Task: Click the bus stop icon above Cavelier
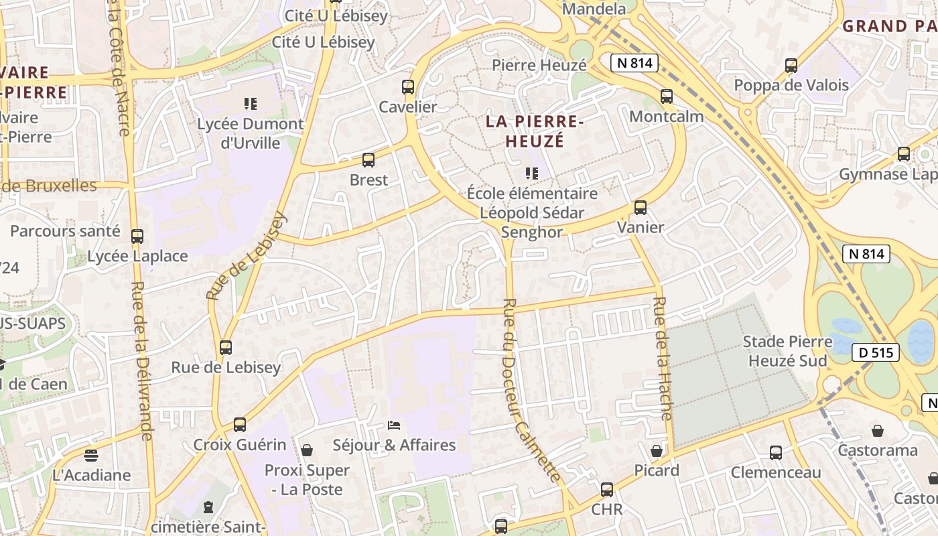407,86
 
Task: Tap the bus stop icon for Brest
368,160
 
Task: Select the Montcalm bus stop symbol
666,96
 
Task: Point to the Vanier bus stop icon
640,207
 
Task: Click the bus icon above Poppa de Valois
791,66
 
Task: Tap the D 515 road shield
876,352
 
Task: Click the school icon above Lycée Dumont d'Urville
251,104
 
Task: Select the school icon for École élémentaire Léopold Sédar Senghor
532,174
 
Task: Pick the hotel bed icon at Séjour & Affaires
395,425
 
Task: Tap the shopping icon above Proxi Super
307,450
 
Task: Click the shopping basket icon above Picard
657,450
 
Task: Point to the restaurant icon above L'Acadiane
91,456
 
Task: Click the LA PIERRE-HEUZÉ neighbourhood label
531,131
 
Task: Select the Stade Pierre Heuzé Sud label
787,351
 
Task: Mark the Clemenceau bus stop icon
775,453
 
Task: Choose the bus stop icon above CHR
606,490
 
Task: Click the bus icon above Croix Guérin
239,425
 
